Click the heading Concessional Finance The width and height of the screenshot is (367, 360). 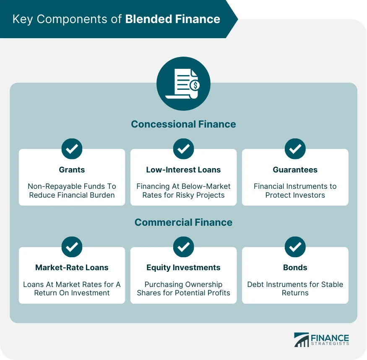click(x=183, y=124)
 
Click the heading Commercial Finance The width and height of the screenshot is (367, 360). click(x=183, y=222)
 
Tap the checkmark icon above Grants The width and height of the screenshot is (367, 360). click(x=72, y=149)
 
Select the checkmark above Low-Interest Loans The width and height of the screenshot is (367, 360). click(x=183, y=149)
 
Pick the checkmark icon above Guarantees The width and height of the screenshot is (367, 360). click(x=295, y=149)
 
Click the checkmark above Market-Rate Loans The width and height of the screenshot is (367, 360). click(x=72, y=247)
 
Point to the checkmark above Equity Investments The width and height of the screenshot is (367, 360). click(x=183, y=247)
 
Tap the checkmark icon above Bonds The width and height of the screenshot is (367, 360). click(x=295, y=247)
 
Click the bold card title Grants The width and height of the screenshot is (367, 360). click(x=72, y=170)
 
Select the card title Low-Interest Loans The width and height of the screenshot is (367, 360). click(x=183, y=170)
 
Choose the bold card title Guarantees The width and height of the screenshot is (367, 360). click(x=295, y=170)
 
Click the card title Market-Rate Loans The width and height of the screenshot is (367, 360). click(x=72, y=268)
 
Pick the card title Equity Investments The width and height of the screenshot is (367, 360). click(x=183, y=268)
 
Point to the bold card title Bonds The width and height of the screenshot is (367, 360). click(x=295, y=268)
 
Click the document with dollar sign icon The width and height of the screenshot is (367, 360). click(x=183, y=84)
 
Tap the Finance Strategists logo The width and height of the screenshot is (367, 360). click(x=321, y=339)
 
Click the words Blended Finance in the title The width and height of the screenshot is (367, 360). click(x=172, y=19)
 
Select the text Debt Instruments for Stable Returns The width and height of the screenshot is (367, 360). click(x=295, y=289)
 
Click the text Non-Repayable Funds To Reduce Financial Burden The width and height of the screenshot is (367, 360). click(x=72, y=190)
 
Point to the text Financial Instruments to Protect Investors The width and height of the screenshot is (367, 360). click(x=295, y=190)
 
